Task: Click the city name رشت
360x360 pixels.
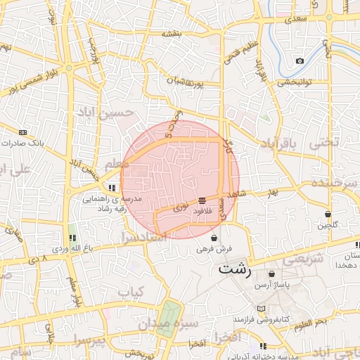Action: [234, 268]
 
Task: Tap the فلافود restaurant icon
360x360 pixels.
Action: [202, 200]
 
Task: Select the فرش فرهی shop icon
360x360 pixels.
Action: [214, 238]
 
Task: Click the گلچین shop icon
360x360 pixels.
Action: [328, 214]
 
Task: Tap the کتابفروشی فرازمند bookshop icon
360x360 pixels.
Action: [262, 309]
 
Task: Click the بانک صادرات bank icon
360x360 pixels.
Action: [23, 132]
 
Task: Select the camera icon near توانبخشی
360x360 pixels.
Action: [300, 60]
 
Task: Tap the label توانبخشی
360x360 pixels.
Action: [294, 82]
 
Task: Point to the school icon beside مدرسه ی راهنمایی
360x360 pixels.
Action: [112, 188]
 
